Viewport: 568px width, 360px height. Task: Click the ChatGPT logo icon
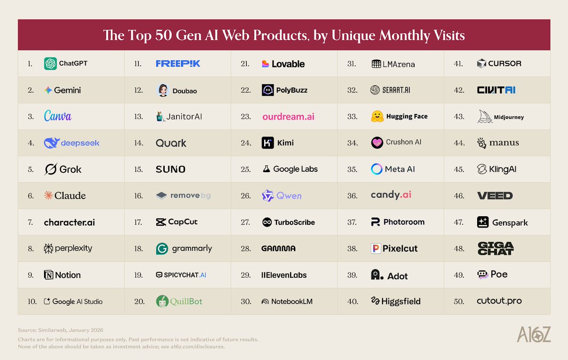(51, 63)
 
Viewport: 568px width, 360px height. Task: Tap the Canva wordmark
(58, 116)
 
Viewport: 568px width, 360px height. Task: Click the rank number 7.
(30, 222)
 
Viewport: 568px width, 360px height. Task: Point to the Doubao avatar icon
(162, 90)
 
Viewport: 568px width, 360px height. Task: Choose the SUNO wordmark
(170, 169)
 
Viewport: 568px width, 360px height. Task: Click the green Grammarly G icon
(162, 248)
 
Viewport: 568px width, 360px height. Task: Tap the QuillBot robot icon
(162, 301)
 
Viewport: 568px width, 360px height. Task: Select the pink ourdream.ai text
(288, 116)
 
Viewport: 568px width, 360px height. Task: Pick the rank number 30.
(245, 301)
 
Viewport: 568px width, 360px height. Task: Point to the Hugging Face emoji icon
(377, 116)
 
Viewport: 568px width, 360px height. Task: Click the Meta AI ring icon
(377, 169)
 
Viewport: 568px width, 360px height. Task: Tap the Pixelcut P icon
(376, 248)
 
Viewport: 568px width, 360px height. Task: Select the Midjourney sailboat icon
(485, 116)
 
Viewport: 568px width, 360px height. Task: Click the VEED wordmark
(495, 195)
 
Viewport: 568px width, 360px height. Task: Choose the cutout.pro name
(499, 301)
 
